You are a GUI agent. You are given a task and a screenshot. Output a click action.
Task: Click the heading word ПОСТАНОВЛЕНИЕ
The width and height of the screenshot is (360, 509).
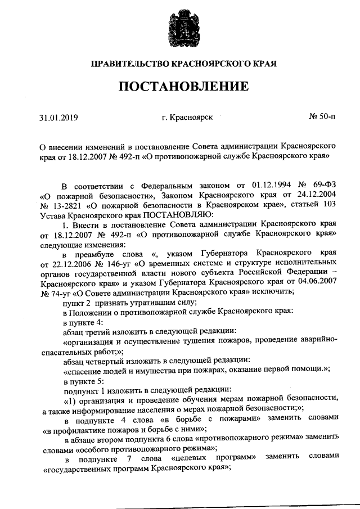click(x=182, y=86)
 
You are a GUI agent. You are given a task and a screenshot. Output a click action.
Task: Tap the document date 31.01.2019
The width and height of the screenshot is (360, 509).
click(x=58, y=118)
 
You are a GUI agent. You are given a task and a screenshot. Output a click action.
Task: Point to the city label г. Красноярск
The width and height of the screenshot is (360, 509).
click(x=186, y=118)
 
